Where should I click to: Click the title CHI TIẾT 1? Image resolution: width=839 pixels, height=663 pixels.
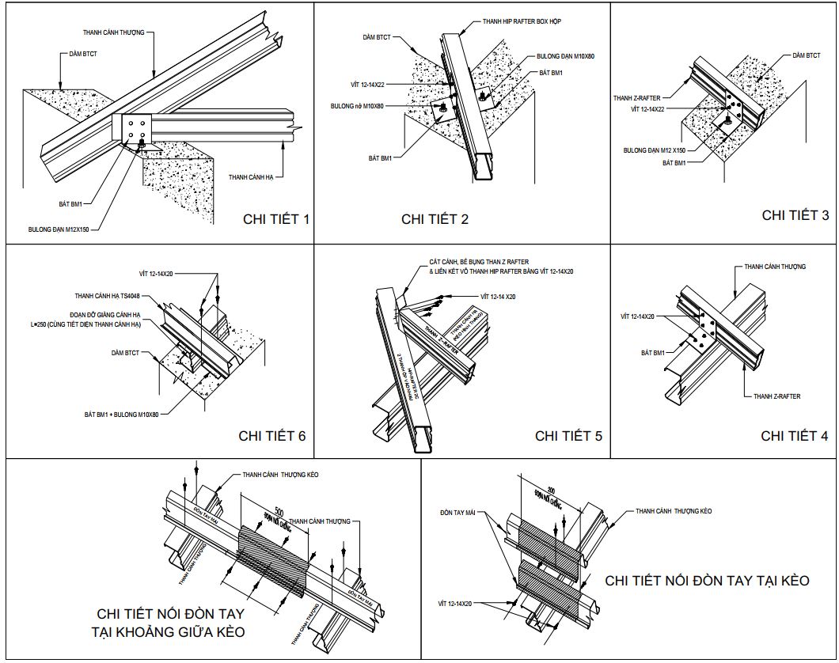click(275, 218)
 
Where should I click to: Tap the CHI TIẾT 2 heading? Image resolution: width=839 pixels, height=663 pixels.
click(435, 219)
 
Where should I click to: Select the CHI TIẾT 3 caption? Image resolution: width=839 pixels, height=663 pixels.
click(795, 214)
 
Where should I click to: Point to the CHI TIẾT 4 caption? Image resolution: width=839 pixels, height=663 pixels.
click(795, 435)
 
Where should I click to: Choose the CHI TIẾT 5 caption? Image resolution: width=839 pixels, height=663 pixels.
click(568, 435)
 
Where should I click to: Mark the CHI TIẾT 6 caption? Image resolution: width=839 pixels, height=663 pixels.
click(271, 435)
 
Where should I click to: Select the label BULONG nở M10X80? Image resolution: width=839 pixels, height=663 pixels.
click(357, 105)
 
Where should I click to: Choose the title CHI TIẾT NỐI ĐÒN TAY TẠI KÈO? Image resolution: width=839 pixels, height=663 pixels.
click(707, 581)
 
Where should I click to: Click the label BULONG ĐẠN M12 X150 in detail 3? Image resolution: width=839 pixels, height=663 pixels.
click(654, 149)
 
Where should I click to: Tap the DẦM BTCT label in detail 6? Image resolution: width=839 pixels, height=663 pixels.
click(126, 352)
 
